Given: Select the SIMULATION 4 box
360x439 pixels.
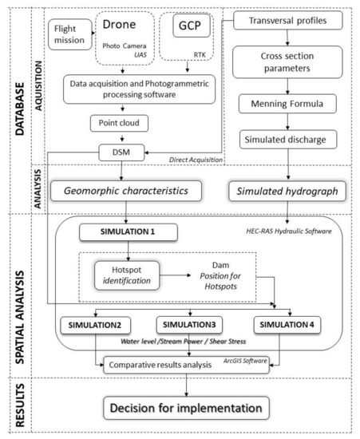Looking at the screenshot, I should pos(288,327).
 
